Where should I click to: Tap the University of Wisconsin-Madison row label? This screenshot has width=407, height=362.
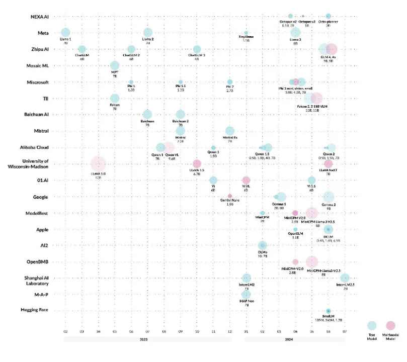32,164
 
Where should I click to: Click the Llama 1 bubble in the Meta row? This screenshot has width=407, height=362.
65,33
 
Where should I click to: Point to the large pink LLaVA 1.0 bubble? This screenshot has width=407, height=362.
99,163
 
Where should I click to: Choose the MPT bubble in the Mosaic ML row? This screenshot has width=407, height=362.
115,66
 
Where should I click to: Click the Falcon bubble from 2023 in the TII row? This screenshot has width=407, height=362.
115,98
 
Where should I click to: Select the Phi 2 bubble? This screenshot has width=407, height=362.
230,81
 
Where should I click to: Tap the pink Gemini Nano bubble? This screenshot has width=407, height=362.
230,196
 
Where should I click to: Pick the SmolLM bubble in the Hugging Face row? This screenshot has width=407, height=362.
328,311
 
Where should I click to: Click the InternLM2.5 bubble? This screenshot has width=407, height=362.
345,278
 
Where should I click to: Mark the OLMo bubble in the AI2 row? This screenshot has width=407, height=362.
262,245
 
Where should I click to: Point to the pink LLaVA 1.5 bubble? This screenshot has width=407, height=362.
197,163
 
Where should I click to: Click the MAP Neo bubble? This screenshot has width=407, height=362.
246,294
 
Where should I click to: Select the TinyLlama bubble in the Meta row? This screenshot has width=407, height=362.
246,33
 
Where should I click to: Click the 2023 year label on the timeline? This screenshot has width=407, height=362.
147,339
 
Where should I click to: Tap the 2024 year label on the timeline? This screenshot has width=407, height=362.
295,339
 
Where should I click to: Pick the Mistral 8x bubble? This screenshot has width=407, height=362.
230,131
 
